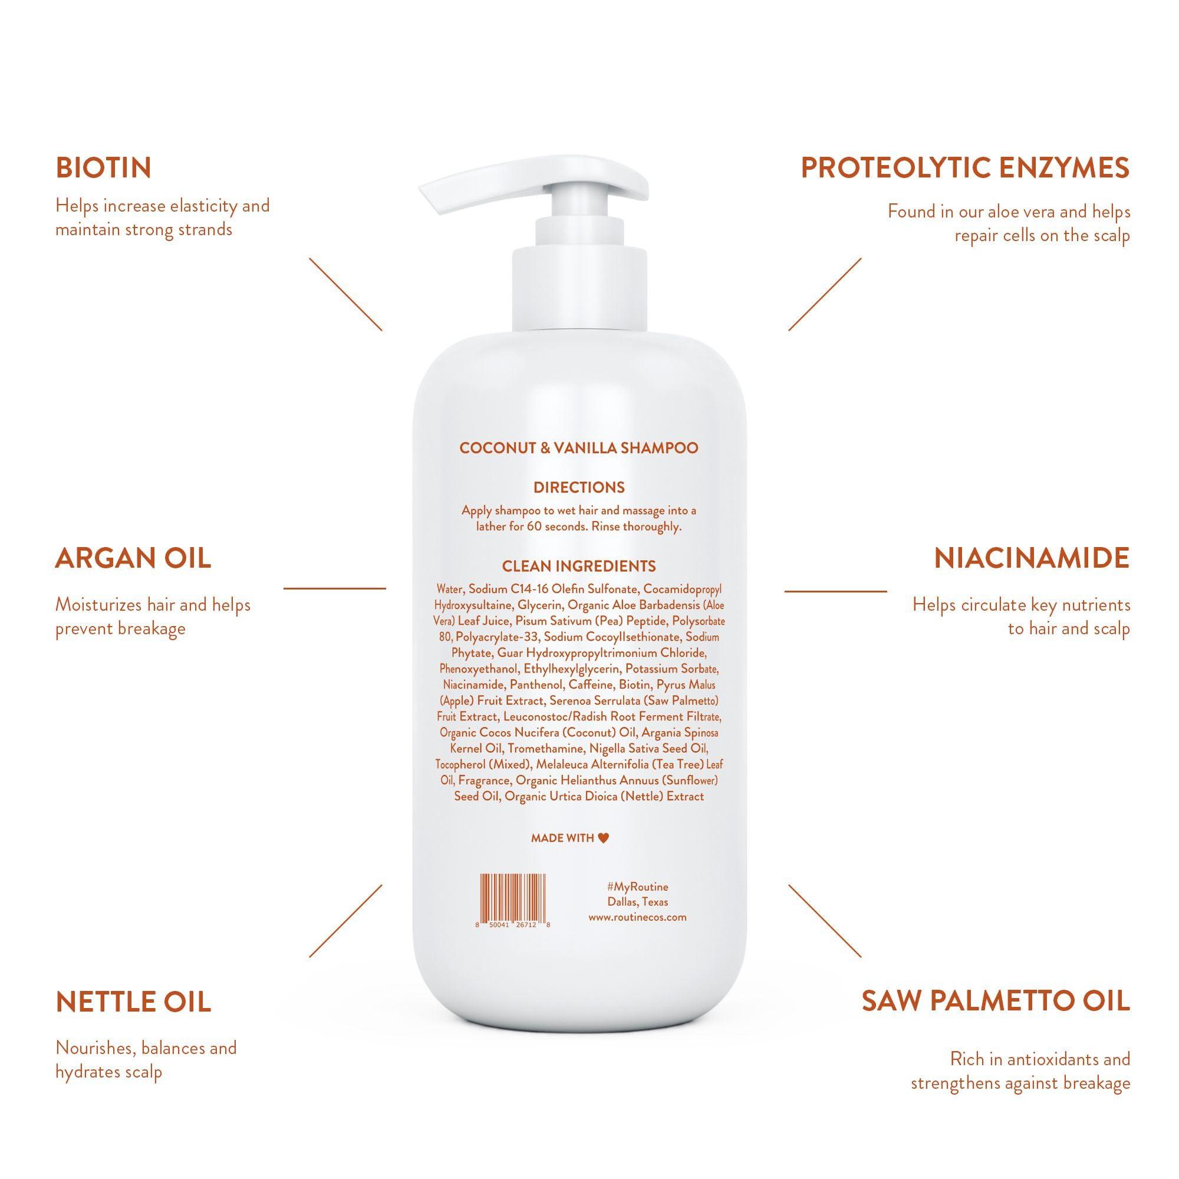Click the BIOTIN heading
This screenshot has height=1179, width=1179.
(x=103, y=168)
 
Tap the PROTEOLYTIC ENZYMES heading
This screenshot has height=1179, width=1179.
(x=965, y=168)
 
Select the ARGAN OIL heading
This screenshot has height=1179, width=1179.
(x=133, y=558)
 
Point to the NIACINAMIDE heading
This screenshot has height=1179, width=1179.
(x=1031, y=558)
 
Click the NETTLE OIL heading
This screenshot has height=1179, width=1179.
(x=133, y=1002)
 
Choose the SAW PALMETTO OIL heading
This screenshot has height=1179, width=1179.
(x=995, y=1001)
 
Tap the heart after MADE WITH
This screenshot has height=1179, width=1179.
(x=603, y=838)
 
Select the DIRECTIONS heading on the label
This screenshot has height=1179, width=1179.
(x=578, y=488)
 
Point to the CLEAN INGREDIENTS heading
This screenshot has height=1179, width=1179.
(x=578, y=567)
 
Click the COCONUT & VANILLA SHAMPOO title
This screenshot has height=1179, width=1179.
(x=578, y=448)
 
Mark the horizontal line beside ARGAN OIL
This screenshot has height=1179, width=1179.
(x=334, y=588)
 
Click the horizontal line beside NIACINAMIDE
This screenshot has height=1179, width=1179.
(x=835, y=591)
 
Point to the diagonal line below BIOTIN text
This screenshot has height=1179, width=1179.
(x=345, y=294)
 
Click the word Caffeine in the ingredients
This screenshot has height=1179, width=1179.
(x=590, y=684)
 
